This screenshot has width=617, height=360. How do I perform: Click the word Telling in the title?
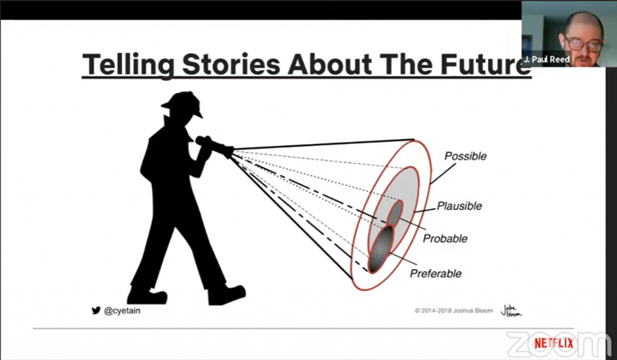[128, 64]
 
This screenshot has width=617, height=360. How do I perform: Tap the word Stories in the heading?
[231, 64]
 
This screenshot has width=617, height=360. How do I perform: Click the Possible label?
[466, 156]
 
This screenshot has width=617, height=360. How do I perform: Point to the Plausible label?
[460, 206]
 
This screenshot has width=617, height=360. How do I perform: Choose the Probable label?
[445, 238]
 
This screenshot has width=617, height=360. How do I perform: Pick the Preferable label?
[436, 273]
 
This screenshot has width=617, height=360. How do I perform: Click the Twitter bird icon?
[96, 311]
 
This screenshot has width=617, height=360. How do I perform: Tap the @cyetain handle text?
[122, 311]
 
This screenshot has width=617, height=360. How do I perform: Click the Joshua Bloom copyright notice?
[454, 311]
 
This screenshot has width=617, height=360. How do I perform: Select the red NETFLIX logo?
[553, 344]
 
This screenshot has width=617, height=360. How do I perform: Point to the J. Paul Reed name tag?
[547, 60]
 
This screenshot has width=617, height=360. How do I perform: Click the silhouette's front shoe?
[227, 294]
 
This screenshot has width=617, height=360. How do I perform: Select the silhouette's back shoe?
[147, 295]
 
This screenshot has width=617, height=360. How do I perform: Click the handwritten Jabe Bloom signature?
[511, 311]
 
